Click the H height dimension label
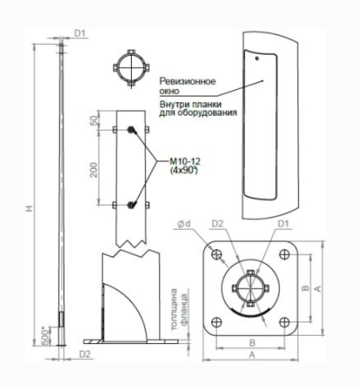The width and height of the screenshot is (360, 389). [x=30, y=209]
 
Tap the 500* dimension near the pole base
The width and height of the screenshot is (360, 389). [x=45, y=336]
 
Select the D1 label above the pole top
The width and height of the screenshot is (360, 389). [x=79, y=33]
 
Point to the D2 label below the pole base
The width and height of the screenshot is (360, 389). [x=84, y=354]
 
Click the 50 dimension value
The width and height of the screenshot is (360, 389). [x=94, y=120]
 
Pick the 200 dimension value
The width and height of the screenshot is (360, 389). [x=94, y=170]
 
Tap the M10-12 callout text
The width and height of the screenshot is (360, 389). [x=185, y=161]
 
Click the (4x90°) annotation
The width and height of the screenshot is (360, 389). [x=183, y=170]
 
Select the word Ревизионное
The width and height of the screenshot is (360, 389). [x=187, y=81]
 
